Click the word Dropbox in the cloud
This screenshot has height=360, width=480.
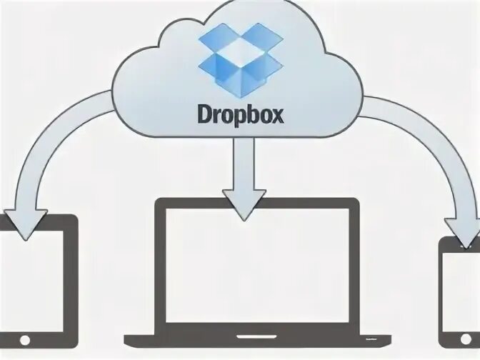point(239,115)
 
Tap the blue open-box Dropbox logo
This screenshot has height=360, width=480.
point(239,61)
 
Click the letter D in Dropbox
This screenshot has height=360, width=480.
point(202,114)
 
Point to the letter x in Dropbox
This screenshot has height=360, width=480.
point(276,114)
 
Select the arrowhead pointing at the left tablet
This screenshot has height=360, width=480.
point(26,224)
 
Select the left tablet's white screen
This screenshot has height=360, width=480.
point(32,275)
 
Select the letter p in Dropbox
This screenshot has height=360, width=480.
point(236,116)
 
